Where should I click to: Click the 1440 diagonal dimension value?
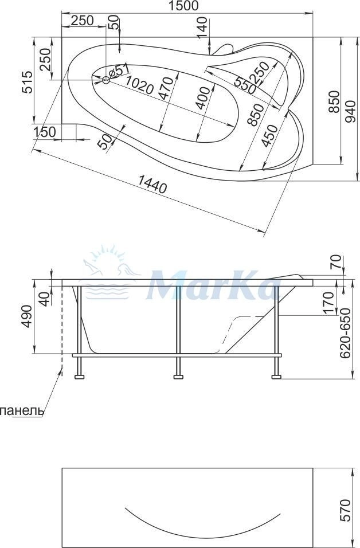pyautogui.click(x=152, y=184)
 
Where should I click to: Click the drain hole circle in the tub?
pyautogui.click(x=106, y=80)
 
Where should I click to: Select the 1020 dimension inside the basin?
pyautogui.click(x=139, y=84)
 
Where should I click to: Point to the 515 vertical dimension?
pyautogui.click(x=28, y=82)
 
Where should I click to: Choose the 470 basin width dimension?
pyautogui.click(x=168, y=89)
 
